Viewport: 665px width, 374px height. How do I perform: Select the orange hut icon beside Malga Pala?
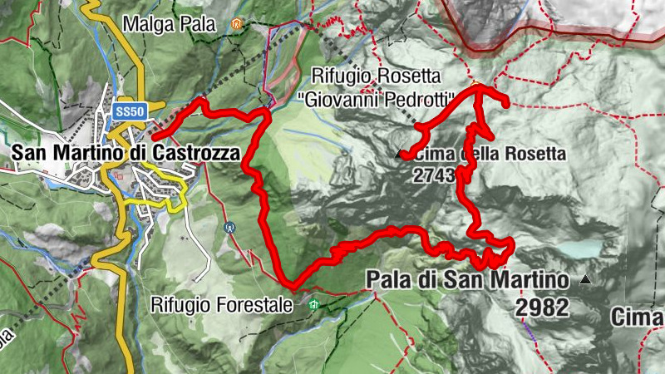tap(237, 24)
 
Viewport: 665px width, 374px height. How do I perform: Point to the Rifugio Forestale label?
tap(222, 305)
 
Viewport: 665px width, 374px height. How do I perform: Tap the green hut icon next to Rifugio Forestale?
tap(313, 305)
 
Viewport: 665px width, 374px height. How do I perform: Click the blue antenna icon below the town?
tap(230, 226)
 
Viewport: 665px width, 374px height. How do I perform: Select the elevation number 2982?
tap(541, 308)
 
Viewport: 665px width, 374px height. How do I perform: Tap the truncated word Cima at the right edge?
tap(637, 317)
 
